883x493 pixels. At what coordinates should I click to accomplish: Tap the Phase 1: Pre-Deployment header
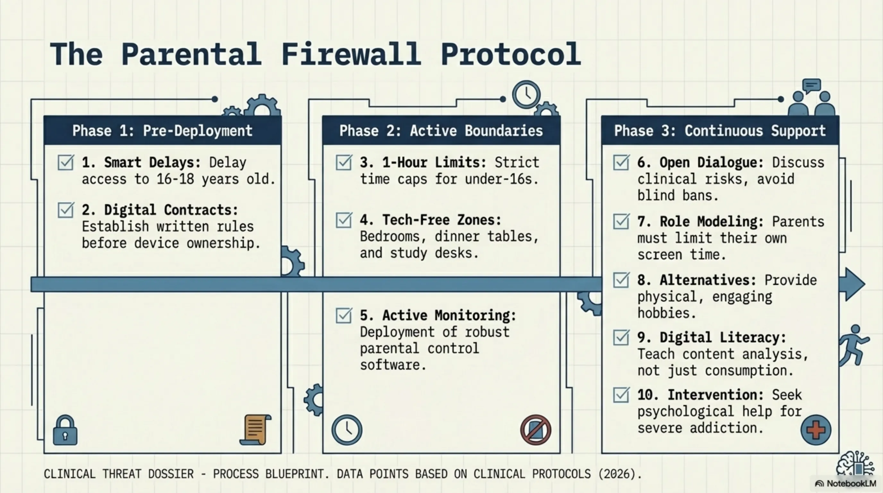pos(162,131)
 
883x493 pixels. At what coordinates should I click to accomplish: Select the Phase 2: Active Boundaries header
pos(441,131)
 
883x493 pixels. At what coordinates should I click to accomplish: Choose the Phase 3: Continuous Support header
pos(720,131)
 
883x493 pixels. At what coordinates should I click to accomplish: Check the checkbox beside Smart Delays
pos(65,162)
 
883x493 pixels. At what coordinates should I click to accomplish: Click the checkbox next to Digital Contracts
pos(65,210)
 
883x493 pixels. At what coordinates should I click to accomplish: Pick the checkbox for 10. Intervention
pos(621,395)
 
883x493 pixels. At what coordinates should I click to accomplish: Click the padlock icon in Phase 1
pos(65,430)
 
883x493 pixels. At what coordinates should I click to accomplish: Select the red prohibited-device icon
pos(536,430)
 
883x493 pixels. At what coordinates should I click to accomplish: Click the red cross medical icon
pos(816,430)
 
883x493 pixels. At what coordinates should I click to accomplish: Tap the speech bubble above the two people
pos(811,86)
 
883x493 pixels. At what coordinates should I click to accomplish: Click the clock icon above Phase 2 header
pos(526,94)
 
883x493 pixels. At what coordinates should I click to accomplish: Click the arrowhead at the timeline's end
pos(854,284)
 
